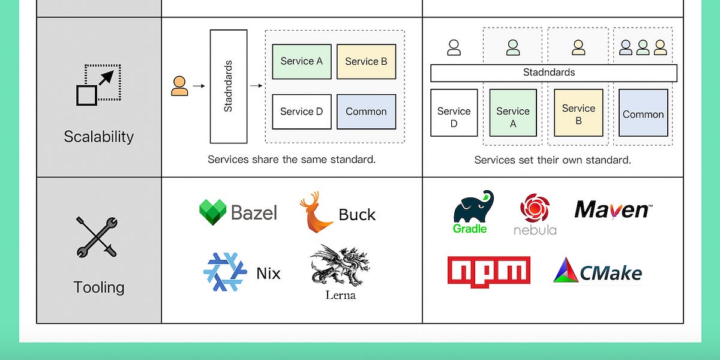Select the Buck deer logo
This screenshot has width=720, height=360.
click(316, 213)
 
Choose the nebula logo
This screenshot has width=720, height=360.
click(535, 214)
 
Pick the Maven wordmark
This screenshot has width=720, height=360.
click(612, 209)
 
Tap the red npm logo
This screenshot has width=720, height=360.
click(488, 272)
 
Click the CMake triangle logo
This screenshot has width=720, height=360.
click(598, 271)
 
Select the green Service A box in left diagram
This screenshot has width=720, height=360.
click(301, 61)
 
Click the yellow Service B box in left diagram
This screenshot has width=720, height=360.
click(366, 61)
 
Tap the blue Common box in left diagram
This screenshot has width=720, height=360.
click(366, 112)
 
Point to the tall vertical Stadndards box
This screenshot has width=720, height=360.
click(228, 86)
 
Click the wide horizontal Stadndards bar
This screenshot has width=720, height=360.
click(553, 73)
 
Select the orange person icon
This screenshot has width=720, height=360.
click(179, 86)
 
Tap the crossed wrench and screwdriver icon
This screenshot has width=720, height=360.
click(96, 238)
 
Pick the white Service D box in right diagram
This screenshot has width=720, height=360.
click(454, 112)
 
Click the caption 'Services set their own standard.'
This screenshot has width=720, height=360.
click(553, 160)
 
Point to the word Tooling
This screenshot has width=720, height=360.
click(99, 287)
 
